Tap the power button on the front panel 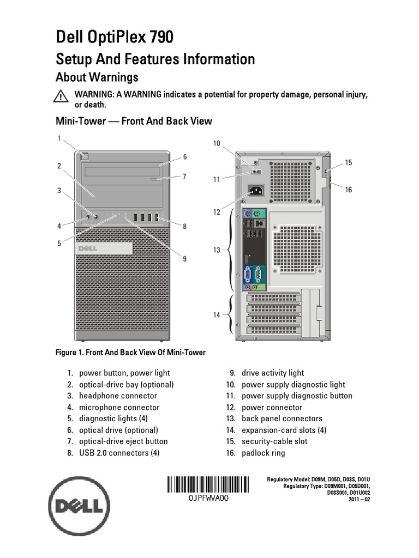[x=84, y=156]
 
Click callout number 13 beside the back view [x=217, y=250]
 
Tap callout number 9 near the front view [x=184, y=258]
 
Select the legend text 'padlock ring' [x=263, y=453]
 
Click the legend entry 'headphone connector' [x=118, y=396]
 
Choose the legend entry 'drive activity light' [x=273, y=373]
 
